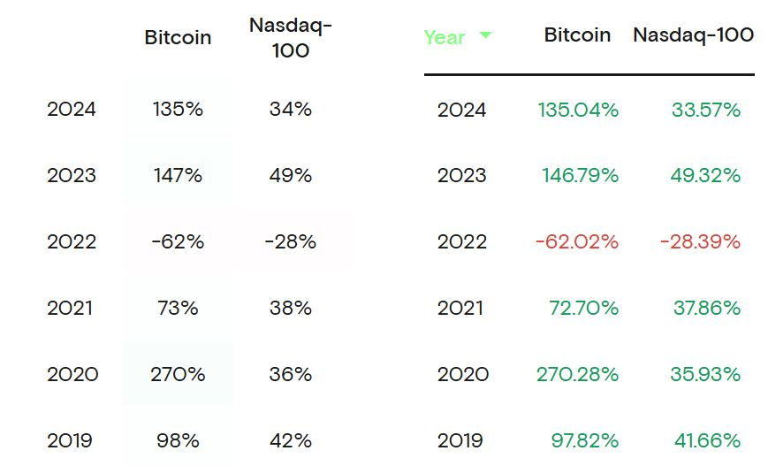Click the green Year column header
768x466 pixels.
[444, 37]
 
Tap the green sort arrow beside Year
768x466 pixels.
[485, 35]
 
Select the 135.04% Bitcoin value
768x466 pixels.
[578, 110]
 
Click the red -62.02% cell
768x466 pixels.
[577, 241]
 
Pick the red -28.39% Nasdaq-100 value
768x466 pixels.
[700, 241]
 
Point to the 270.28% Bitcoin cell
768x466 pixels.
[577, 374]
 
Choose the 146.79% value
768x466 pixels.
[580, 175]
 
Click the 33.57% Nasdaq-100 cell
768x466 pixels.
[705, 110]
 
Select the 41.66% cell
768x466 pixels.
[705, 440]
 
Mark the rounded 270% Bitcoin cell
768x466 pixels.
[178, 374]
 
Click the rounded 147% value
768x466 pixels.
[178, 175]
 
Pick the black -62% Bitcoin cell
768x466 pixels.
[178, 241]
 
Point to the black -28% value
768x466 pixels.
[291, 241]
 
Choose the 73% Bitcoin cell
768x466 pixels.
[178, 308]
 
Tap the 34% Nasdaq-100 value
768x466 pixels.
[291, 110]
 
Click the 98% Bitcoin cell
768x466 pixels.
[178, 440]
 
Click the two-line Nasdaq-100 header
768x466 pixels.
[291, 38]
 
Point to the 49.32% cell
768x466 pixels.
[705, 175]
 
